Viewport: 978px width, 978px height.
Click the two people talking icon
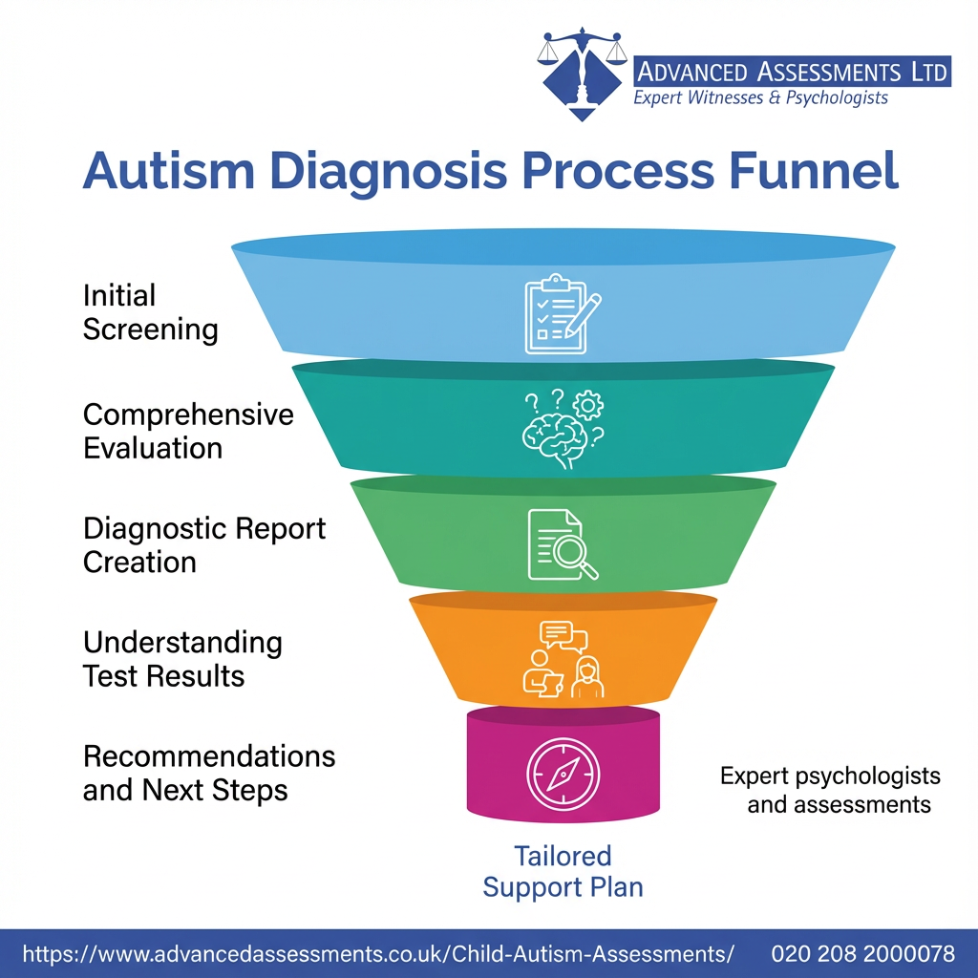[563, 659]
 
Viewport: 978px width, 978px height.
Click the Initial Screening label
[150, 312]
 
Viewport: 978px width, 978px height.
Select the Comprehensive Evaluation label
[188, 431]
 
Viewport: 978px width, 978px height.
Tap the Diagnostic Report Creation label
[204, 544]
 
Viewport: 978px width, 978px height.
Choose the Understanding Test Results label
[182, 659]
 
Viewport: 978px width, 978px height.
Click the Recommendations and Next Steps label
[209, 774]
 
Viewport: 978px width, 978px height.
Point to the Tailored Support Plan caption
[563, 870]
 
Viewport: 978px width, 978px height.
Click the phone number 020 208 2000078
[863, 953]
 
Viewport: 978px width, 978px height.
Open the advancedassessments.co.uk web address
[378, 953]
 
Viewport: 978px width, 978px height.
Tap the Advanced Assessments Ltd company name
[792, 71]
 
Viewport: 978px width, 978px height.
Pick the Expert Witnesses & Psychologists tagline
[761, 98]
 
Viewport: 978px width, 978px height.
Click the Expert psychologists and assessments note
[830, 790]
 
